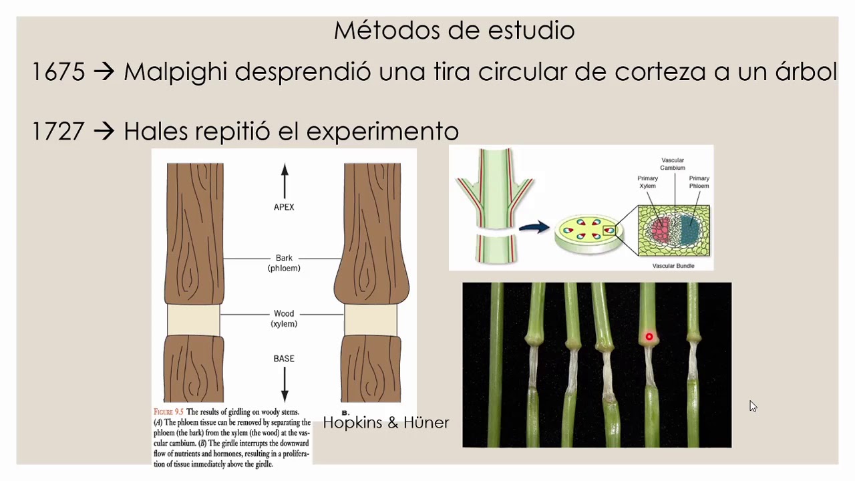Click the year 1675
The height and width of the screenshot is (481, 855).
click(58, 71)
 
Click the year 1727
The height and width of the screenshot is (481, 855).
click(58, 131)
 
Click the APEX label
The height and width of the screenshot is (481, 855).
click(284, 207)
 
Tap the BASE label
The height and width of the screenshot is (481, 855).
click(284, 359)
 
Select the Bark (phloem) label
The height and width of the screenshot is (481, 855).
click(284, 263)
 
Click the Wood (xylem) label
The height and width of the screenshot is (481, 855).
click(284, 319)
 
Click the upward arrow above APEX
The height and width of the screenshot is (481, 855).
click(285, 180)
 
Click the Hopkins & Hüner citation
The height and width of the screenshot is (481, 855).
click(386, 422)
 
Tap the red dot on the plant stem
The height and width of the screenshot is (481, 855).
click(649, 337)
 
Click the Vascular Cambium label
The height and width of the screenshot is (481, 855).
click(673, 164)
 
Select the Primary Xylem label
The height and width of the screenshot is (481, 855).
click(647, 182)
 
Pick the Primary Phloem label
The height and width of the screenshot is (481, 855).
click(699, 182)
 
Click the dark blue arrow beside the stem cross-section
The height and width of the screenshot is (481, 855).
click(534, 227)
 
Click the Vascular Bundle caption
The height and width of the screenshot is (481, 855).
click(673, 266)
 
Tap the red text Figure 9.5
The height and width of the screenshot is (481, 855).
click(168, 412)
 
